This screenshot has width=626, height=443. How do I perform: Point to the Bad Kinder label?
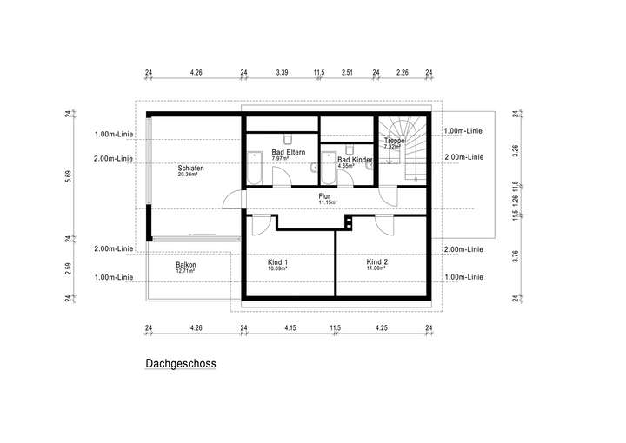click(x=355, y=160)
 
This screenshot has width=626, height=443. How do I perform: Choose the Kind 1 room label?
click(x=278, y=261)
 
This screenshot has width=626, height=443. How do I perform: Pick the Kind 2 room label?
click(x=376, y=261)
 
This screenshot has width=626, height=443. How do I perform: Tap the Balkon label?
click(x=185, y=265)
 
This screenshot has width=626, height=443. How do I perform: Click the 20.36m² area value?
click(x=188, y=175)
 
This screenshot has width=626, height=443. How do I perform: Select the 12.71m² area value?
click(x=185, y=271)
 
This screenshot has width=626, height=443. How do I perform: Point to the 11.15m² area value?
click(x=327, y=202)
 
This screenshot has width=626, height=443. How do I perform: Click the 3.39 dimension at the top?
click(x=282, y=73)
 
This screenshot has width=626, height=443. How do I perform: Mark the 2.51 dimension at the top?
click(x=348, y=73)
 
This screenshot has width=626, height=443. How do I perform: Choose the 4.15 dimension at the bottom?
click(x=290, y=327)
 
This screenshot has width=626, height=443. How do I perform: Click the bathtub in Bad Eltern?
click(x=255, y=167)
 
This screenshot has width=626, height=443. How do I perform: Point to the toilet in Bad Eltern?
click(x=286, y=139)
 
